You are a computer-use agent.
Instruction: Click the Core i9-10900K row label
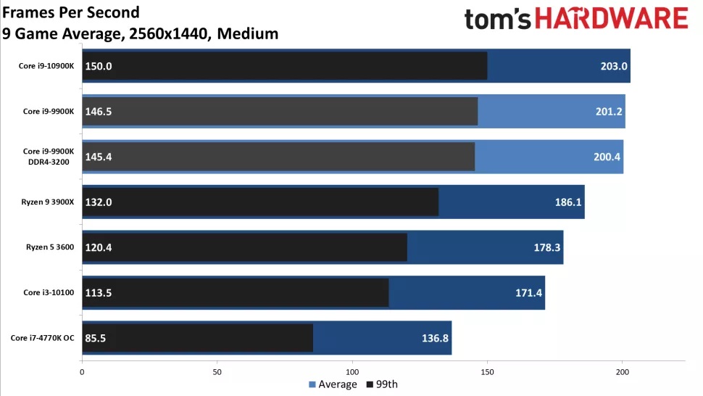tap(46, 66)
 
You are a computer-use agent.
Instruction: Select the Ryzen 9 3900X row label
tap(48, 202)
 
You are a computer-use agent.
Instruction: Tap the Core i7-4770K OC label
tap(43, 338)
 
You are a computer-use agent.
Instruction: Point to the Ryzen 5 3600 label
tap(50, 247)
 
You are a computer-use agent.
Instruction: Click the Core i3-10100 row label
tap(49, 292)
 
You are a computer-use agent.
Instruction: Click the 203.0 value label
tap(614, 66)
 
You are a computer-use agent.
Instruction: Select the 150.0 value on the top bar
tap(99, 66)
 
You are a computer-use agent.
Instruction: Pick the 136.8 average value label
tap(435, 338)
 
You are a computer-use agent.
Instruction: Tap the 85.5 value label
tap(96, 338)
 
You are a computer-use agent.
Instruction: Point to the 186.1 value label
tap(568, 202)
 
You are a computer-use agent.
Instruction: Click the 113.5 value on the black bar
tap(99, 292)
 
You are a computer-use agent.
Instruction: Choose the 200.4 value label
tap(607, 157)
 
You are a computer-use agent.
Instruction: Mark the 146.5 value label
tap(99, 111)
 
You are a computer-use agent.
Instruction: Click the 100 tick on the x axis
tap(352, 372)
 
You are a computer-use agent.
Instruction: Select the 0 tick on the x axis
tap(82, 372)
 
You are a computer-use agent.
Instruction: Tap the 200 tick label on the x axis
tap(623, 372)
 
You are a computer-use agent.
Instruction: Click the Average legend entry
tap(333, 384)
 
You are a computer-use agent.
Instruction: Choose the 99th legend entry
tap(382, 384)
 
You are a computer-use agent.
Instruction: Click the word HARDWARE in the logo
tap(611, 19)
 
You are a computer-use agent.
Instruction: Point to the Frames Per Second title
tap(71, 12)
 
